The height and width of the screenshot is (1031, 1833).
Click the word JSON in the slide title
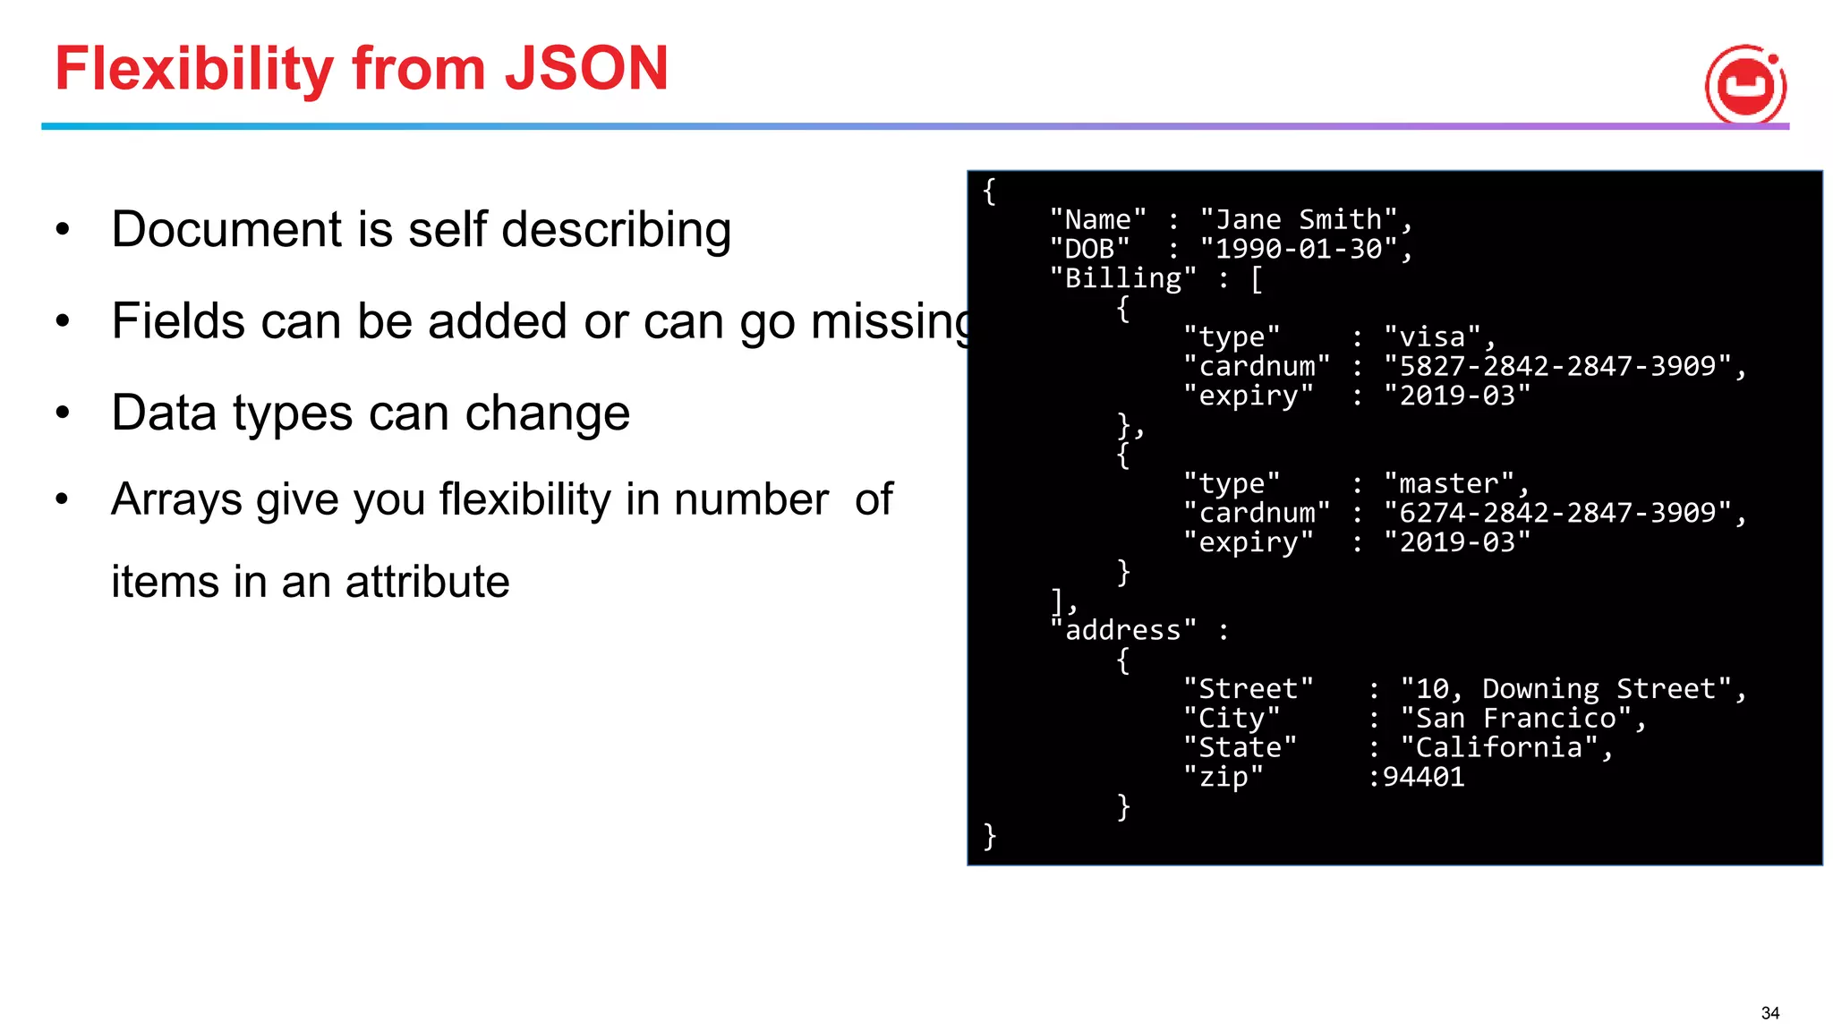click(586, 69)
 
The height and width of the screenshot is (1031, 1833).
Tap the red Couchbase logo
click(1745, 85)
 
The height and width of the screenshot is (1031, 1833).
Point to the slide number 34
click(1769, 1013)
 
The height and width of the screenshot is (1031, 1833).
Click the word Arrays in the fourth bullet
click(176, 498)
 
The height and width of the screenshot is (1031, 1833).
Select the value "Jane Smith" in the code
click(1299, 219)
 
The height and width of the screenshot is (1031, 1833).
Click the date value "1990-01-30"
click(1299, 249)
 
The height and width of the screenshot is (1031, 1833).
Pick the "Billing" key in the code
click(1122, 278)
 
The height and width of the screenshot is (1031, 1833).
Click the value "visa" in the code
click(1432, 337)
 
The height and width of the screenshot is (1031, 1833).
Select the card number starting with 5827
click(1557, 366)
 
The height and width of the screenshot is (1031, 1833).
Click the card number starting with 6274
click(1557, 513)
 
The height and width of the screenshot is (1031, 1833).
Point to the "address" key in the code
click(1122, 630)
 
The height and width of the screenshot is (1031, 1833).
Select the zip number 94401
click(1424, 777)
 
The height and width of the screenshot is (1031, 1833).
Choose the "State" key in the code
click(1240, 747)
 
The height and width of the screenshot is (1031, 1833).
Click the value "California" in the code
click(1499, 747)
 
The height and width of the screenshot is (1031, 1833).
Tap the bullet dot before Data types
click(62, 413)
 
